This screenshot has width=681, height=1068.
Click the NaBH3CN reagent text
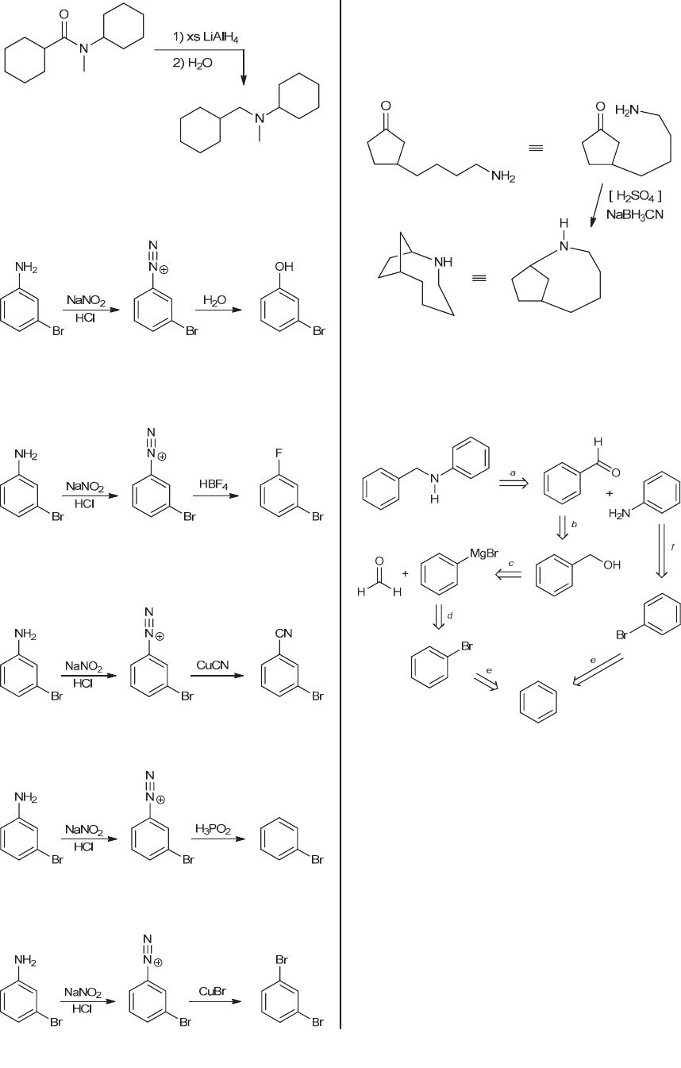(x=635, y=214)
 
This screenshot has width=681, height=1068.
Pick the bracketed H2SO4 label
(x=634, y=196)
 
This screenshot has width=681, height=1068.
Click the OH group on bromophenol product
(x=284, y=268)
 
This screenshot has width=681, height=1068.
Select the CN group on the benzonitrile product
(x=284, y=633)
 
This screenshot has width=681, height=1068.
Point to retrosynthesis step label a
(x=514, y=472)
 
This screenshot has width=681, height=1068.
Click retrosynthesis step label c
(x=511, y=563)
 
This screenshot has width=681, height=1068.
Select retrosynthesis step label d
(x=450, y=615)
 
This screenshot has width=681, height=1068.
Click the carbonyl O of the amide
(x=63, y=14)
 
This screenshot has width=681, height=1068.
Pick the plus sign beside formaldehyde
(x=406, y=573)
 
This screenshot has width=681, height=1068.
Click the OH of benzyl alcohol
(x=611, y=565)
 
